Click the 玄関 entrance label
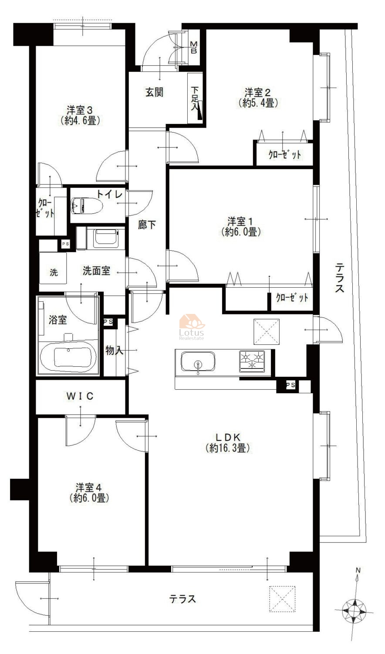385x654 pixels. (154, 92)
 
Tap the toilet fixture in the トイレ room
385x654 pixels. (87, 206)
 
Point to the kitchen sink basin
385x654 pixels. (198, 361)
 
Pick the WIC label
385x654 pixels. (80, 396)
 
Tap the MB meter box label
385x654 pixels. (194, 47)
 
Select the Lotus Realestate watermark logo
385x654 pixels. (192, 327)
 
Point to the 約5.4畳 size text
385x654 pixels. (258, 103)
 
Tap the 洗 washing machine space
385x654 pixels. (53, 267)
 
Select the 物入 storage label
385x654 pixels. (115, 350)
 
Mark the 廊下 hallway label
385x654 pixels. (147, 225)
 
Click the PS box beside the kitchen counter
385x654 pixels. (290, 385)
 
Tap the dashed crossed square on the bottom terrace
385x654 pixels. (282, 599)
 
